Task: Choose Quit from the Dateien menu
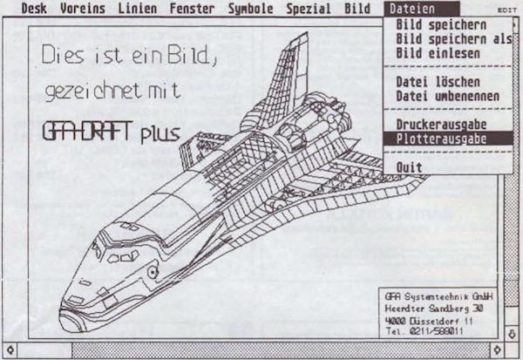pyautogui.click(x=409, y=166)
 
